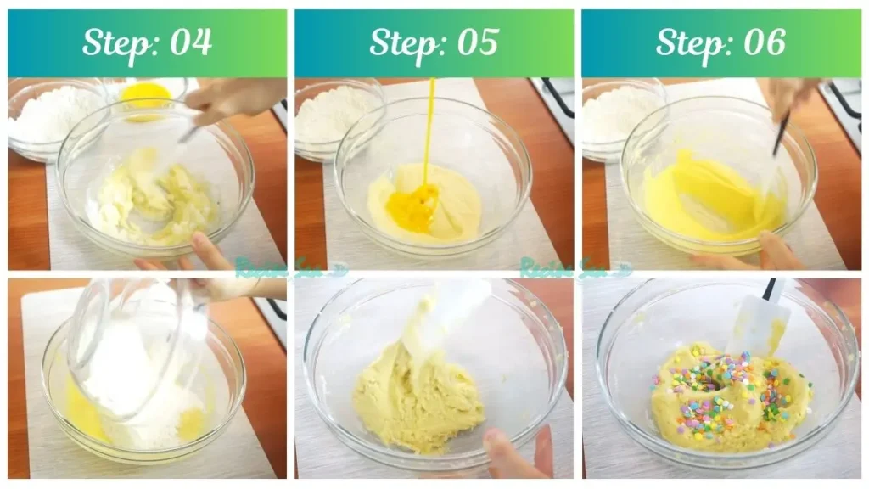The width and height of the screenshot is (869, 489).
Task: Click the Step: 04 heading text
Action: (x=147, y=42)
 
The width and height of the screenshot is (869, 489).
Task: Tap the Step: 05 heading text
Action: (x=434, y=42)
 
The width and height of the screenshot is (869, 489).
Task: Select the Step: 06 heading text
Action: (x=720, y=42)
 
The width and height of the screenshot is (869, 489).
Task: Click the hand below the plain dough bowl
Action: (x=518, y=454)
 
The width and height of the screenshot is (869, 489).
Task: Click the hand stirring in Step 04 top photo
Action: (x=233, y=98)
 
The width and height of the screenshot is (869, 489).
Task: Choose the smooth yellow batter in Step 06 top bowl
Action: (x=704, y=200)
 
